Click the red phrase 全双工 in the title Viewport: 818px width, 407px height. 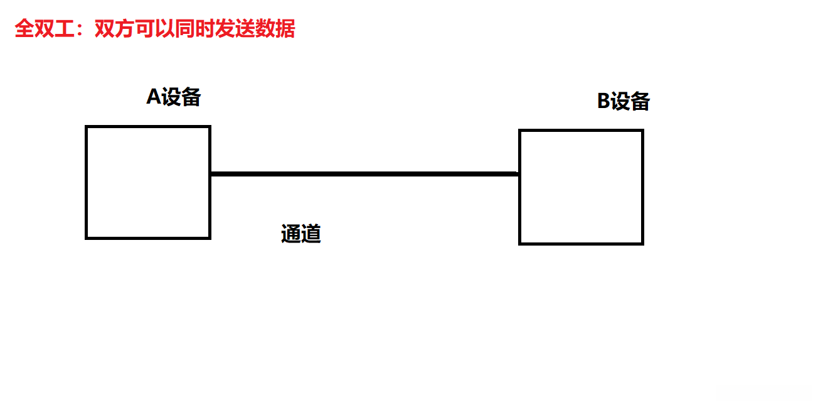(45, 29)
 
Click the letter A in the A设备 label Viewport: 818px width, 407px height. (154, 97)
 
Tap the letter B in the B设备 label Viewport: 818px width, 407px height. (603, 101)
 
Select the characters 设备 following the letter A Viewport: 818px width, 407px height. (182, 97)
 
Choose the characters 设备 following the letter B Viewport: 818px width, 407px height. (631, 101)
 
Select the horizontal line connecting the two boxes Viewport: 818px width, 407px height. (364, 173)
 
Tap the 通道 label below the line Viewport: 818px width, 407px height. (301, 234)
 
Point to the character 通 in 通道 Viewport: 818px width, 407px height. (291, 234)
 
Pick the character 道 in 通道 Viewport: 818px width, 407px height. (311, 234)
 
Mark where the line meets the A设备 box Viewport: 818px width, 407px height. (211, 173)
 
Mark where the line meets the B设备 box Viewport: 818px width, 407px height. (519, 173)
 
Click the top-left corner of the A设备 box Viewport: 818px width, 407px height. (87, 127)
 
